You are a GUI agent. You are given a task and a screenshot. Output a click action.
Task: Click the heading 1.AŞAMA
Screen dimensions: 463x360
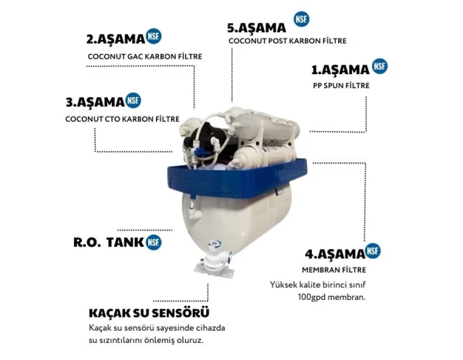point(340,70)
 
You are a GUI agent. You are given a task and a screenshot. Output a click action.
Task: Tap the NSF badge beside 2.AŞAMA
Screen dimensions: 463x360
point(154,36)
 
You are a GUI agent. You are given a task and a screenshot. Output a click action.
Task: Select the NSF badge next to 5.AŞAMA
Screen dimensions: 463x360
point(302,19)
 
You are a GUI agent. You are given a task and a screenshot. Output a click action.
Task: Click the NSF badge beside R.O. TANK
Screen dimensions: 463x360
point(154,242)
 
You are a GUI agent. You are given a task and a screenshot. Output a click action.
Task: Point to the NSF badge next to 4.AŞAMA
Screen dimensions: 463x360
point(373,251)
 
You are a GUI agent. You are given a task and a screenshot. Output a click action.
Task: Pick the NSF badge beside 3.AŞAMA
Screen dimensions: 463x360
point(133,100)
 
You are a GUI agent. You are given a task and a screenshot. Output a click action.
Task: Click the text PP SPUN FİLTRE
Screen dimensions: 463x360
point(341,86)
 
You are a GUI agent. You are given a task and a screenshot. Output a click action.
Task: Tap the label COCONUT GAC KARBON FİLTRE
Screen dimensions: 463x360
point(145,56)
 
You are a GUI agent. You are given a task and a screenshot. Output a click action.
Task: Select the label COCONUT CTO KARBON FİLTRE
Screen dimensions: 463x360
point(122,119)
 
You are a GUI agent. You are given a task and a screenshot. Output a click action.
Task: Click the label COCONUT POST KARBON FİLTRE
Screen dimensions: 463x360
point(287,41)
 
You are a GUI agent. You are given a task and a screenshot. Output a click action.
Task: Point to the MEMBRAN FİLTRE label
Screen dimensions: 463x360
point(334,270)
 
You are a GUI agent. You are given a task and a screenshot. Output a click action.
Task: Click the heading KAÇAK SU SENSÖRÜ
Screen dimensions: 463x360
point(149,313)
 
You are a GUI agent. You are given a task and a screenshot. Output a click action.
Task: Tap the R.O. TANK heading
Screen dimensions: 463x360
point(108,242)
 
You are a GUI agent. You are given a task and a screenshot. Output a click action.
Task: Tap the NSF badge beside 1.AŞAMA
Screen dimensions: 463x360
point(380,66)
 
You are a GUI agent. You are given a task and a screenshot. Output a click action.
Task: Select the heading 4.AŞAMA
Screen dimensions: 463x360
point(335,254)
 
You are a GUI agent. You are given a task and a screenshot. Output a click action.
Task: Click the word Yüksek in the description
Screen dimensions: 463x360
point(283,284)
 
